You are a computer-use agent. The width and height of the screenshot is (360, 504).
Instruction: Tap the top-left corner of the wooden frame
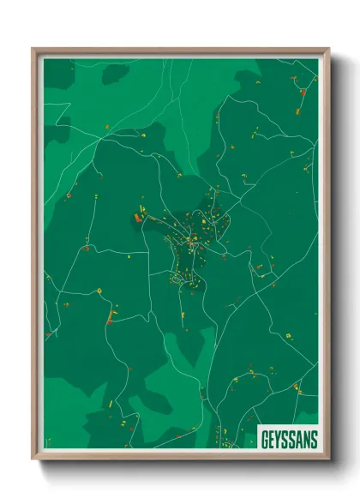[33, 50]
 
